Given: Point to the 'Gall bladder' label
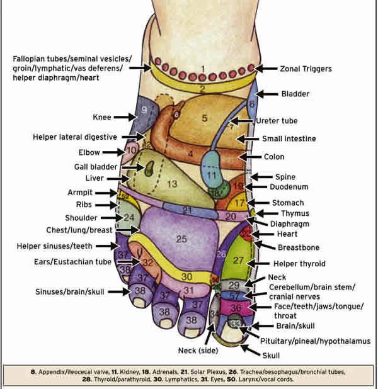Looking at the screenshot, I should tap(96, 167).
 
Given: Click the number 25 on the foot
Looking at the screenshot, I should tap(182, 239).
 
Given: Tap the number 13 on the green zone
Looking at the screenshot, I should tap(171, 184).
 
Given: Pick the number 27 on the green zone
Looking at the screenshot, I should tap(238, 261).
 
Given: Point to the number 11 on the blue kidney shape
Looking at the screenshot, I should tap(212, 174).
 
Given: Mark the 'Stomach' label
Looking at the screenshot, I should tap(287, 203).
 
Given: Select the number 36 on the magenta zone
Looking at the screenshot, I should tap(236, 308).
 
